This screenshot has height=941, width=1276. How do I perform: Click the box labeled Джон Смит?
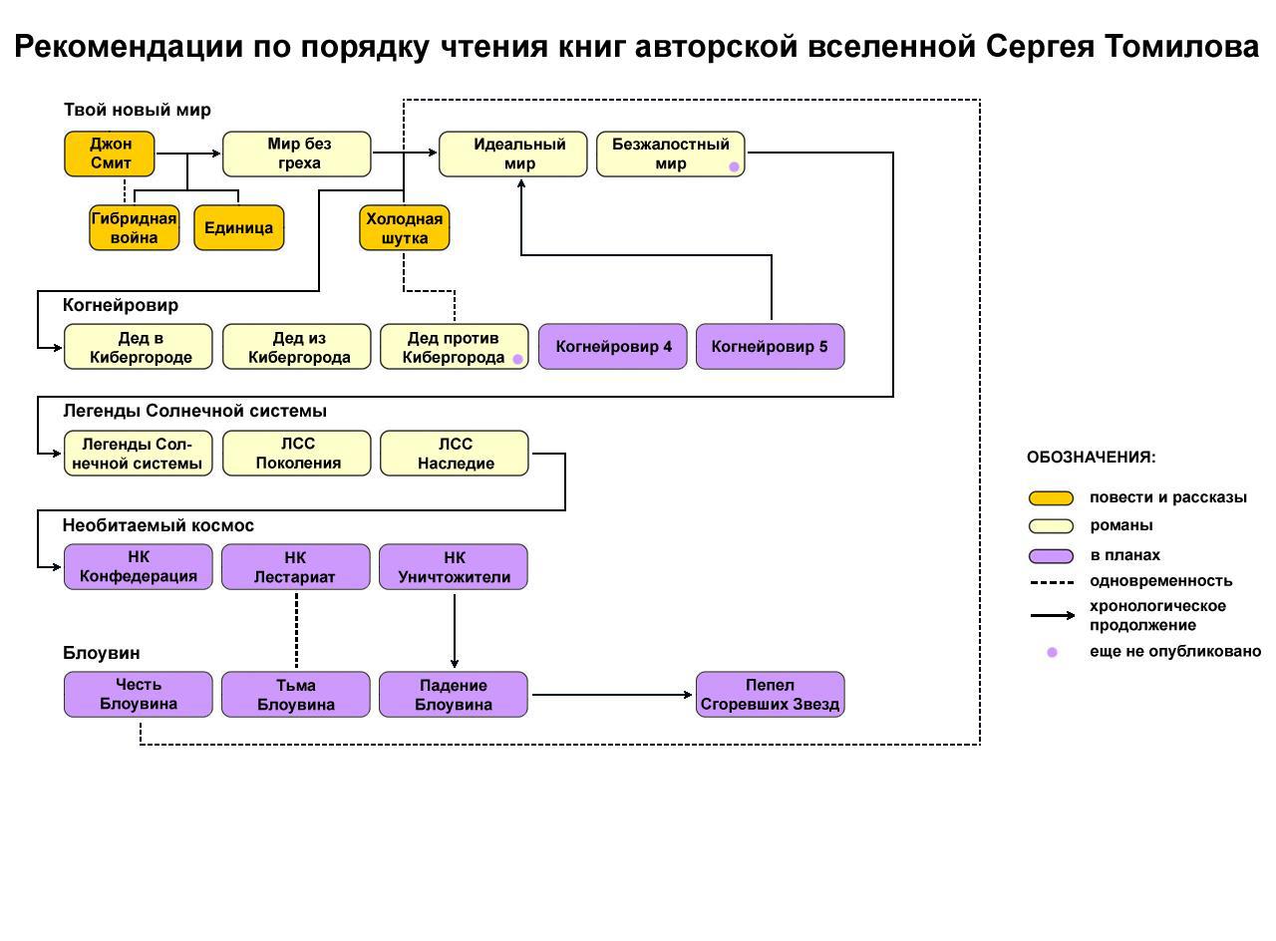(x=110, y=155)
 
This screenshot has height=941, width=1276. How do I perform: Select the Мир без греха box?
(x=296, y=155)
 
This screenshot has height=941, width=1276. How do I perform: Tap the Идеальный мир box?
(x=513, y=155)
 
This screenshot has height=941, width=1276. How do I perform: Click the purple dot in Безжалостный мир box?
(x=735, y=167)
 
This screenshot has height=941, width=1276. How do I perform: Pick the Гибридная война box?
(x=135, y=228)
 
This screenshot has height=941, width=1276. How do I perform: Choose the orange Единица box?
(x=239, y=228)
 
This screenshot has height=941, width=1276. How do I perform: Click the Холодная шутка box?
(x=405, y=228)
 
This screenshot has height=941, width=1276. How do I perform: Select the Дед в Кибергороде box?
(x=139, y=347)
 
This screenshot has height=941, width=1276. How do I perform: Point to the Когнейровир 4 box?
(x=613, y=347)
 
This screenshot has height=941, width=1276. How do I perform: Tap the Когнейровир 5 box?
(x=770, y=347)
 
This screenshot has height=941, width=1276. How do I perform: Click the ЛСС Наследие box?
(x=455, y=454)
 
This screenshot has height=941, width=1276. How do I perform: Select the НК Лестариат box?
(x=295, y=567)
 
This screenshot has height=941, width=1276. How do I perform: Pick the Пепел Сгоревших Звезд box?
(x=770, y=695)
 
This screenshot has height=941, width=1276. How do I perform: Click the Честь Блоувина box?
(x=139, y=695)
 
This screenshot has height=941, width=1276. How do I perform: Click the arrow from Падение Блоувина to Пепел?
(x=611, y=695)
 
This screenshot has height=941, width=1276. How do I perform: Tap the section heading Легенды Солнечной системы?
(x=194, y=411)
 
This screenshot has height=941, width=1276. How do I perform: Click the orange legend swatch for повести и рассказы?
(x=1052, y=498)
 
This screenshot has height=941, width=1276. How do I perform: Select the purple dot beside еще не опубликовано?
(x=1052, y=652)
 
